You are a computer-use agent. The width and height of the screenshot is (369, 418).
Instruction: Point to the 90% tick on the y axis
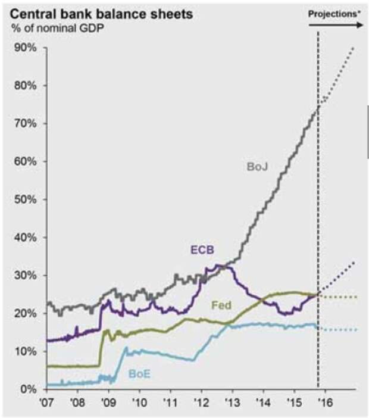[26, 48]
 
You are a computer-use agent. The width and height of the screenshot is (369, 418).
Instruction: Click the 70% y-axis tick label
[26, 123]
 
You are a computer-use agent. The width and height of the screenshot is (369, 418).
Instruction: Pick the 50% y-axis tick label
[26, 199]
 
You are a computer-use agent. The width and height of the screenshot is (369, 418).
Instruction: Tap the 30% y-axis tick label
[26, 275]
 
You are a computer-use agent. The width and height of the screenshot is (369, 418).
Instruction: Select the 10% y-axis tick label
[26, 351]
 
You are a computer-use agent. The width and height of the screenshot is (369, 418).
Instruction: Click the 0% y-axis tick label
[29, 389]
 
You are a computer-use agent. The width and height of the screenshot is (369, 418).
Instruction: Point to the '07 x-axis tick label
[46, 403]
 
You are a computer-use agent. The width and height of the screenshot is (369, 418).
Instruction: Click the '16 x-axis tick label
[325, 403]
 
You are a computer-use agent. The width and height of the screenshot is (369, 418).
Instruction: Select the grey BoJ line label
[257, 167]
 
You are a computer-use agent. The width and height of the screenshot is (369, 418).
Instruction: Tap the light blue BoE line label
[140, 375]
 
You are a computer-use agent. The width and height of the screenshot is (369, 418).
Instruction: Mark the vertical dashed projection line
[318, 238]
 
